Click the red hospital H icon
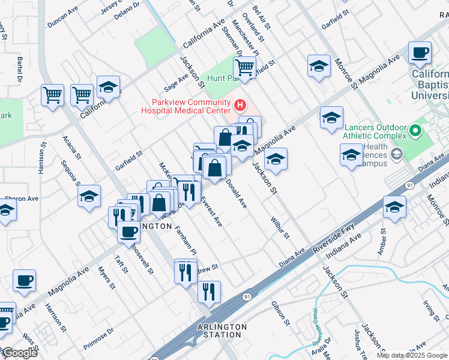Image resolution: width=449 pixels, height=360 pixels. coord(240,106)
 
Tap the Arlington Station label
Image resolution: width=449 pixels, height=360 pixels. coord(222,331)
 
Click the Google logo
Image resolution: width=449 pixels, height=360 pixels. coord(20,352)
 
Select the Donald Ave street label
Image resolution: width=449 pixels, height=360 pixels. coord(237,194)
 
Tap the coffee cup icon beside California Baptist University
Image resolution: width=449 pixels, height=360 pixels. coord(420,52)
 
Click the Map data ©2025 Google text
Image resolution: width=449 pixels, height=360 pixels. coord(412,355)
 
